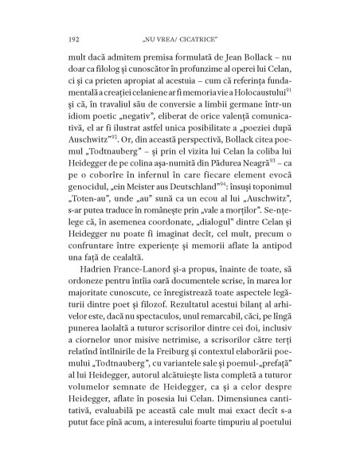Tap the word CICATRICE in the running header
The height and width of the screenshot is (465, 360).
(198, 37)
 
